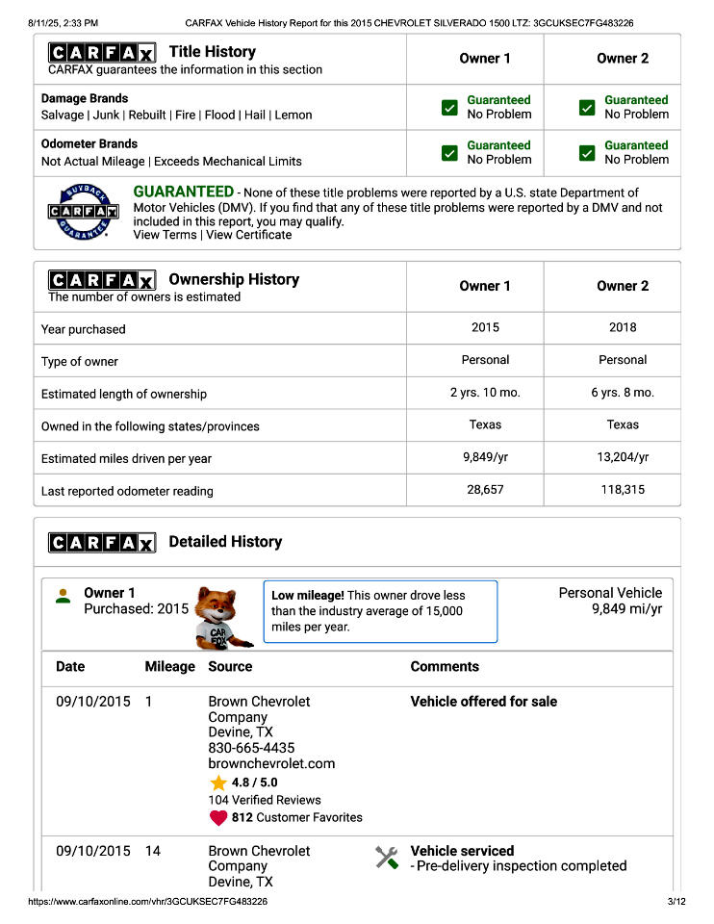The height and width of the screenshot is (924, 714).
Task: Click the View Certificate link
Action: pos(248,235)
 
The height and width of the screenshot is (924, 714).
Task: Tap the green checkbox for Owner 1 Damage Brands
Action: pos(449,108)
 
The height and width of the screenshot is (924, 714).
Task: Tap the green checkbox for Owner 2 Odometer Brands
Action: pos(587,153)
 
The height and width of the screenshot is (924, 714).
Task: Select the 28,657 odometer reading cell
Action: pos(485,490)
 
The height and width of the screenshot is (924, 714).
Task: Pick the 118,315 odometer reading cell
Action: pos(623,490)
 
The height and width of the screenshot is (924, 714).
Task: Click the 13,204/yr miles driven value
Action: pos(623,457)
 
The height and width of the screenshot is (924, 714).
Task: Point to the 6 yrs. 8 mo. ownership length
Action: pos(623,393)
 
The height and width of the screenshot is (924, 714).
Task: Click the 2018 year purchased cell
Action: pos(623,327)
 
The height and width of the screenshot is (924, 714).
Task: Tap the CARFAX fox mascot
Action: pos(222,616)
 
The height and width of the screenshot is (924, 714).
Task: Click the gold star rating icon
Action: pos(218,783)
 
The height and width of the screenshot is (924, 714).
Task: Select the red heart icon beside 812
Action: pos(218,818)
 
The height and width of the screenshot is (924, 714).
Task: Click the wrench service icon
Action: pos(387,858)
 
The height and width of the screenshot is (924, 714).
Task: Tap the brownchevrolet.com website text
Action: pos(271,763)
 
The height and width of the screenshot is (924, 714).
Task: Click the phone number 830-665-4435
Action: pos(251,748)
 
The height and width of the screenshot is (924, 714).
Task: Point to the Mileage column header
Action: pos(169,666)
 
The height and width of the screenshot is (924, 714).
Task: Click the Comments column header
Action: pos(445,666)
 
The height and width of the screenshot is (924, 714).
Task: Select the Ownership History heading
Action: pos(234,279)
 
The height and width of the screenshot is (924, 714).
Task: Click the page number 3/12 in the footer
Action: pos(676,902)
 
